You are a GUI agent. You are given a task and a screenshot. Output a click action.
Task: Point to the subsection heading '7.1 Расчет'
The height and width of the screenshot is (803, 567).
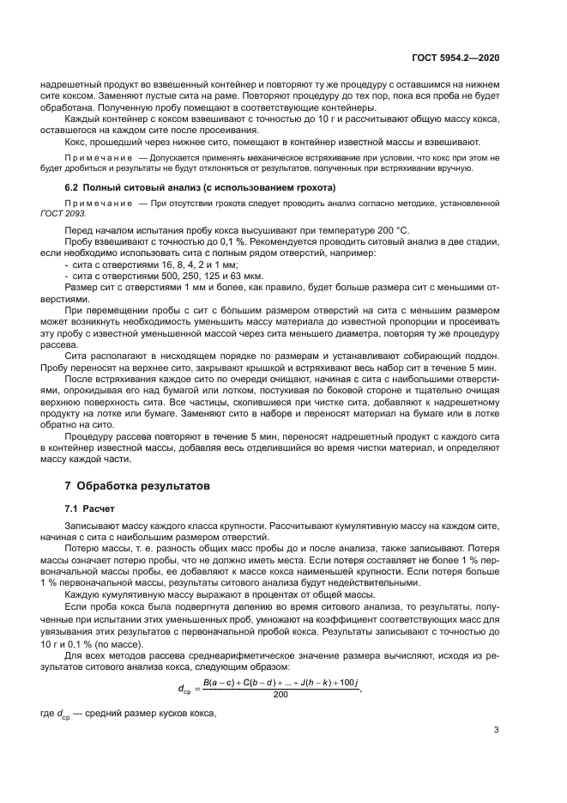tap(89, 508)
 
